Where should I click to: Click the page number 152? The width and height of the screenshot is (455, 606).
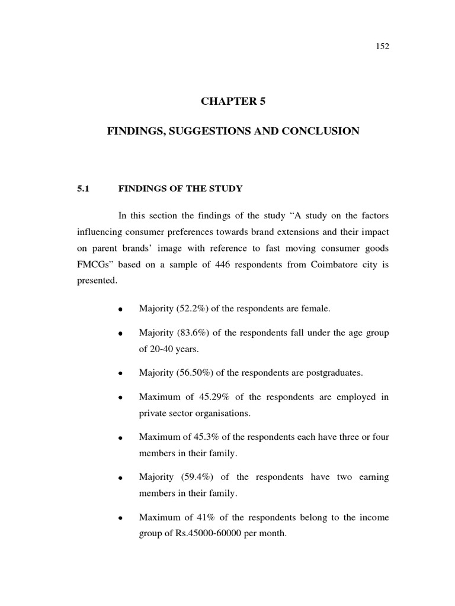382,47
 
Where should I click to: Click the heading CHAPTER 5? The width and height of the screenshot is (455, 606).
233,101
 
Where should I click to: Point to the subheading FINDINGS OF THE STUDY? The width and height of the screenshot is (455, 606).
181,189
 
